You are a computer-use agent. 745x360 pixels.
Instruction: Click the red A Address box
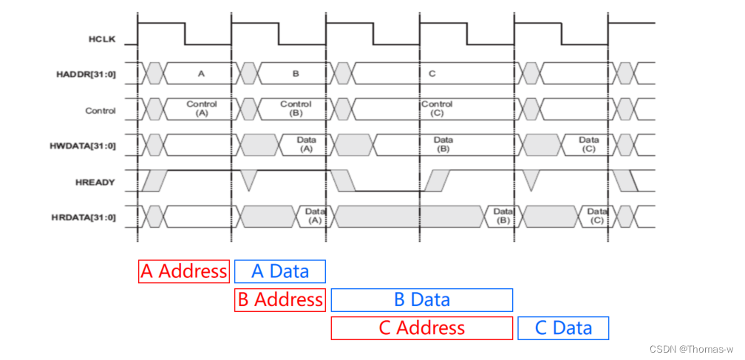pos(184,271)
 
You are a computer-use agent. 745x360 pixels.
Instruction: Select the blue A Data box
pos(280,271)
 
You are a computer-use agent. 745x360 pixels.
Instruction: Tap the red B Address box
pos(279,299)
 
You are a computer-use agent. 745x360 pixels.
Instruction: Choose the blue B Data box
pos(422,299)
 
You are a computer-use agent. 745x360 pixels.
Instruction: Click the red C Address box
pos(422,327)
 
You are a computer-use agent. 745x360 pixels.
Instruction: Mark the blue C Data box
pos(563,327)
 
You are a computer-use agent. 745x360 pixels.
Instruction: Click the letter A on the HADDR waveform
pos(201,74)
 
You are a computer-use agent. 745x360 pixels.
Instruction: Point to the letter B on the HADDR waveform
pos(296,74)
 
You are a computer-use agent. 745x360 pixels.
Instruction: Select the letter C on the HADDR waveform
pos(432,74)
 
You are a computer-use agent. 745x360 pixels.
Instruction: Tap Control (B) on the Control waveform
pos(296,109)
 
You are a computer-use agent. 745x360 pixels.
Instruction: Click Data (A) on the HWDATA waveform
pos(307,144)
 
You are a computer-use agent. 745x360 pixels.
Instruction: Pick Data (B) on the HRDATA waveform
pos(503,216)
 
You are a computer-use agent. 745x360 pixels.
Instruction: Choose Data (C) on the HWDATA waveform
pos(588,144)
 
